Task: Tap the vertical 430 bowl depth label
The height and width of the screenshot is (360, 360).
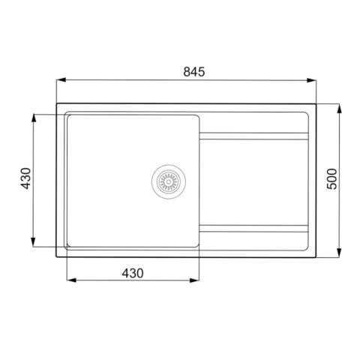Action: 25,180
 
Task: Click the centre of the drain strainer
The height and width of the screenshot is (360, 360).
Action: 167,181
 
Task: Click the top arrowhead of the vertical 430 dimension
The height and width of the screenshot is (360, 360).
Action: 34,117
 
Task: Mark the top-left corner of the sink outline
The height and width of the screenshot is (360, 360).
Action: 58,103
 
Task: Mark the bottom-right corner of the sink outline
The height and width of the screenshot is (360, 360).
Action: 316,258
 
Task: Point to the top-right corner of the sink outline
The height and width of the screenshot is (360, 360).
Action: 316,103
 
